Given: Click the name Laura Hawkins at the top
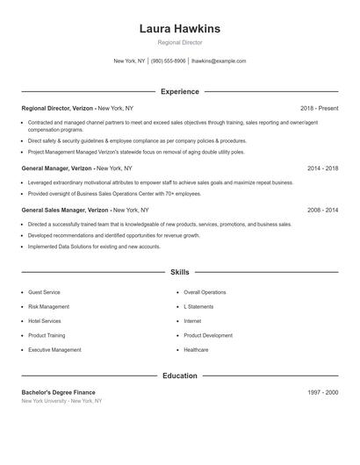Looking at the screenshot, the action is (180, 29).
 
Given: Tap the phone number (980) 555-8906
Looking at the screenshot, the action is (169, 61).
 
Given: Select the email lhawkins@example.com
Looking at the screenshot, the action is (219, 61).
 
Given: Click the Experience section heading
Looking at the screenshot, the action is (180, 91).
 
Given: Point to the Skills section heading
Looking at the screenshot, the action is (180, 273).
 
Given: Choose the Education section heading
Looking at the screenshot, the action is (180, 376).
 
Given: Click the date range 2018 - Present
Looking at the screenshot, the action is (319, 108).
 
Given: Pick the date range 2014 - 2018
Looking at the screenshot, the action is (322, 168).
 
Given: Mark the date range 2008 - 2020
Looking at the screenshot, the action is (322, 211).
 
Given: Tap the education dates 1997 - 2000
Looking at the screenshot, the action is (322, 392).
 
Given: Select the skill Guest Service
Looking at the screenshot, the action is (44, 292).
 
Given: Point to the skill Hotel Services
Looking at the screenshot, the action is (45, 321).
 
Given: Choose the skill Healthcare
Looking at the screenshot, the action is (197, 350).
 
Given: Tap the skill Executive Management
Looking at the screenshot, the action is (54, 350).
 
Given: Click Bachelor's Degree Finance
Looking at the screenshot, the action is (58, 392).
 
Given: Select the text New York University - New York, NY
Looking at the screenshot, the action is (61, 401).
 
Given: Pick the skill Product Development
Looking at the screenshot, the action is (208, 335).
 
